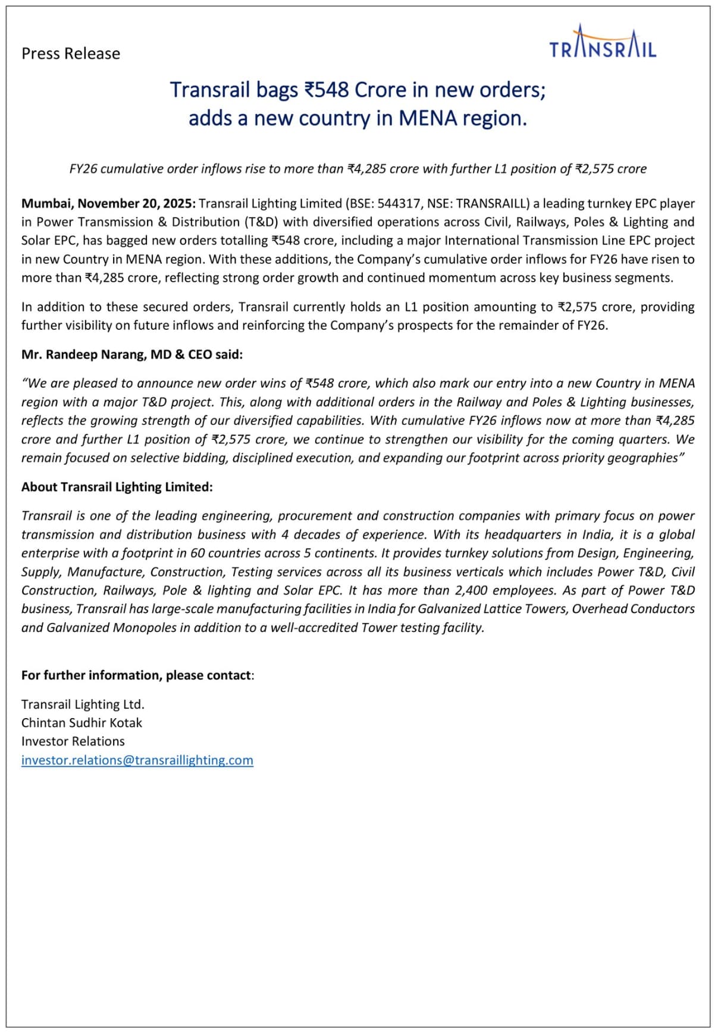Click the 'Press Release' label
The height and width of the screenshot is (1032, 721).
(x=71, y=54)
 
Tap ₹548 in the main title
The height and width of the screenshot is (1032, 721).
(x=325, y=90)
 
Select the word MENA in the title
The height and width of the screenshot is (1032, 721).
(x=428, y=118)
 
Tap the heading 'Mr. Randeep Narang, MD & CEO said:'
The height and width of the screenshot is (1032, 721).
(x=132, y=355)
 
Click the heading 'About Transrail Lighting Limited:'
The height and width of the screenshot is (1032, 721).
(x=117, y=487)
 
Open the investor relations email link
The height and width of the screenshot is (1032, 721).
(x=137, y=760)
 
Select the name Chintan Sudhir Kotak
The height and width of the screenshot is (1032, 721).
(x=82, y=723)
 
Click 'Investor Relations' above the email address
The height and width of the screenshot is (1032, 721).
(x=73, y=741)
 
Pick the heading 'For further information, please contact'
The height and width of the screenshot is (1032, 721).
(x=136, y=675)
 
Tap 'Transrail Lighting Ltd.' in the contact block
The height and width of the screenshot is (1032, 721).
(x=83, y=704)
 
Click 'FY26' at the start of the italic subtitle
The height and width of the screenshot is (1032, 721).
(x=83, y=169)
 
